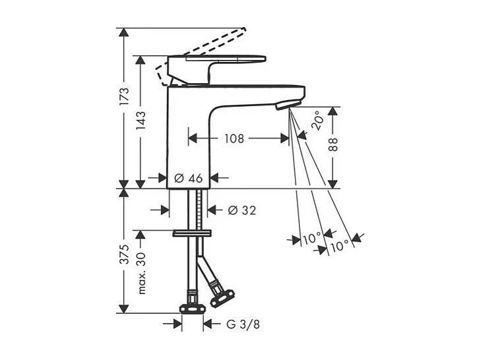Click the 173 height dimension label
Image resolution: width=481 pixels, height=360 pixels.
(x=124, y=97)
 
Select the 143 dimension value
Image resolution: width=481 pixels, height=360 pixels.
(x=141, y=120)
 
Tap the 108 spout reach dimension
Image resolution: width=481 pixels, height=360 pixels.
(x=234, y=138)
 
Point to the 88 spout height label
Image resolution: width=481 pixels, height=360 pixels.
(x=333, y=144)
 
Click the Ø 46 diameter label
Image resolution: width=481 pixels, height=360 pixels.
(x=188, y=178)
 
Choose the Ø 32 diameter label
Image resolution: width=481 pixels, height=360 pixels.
(x=242, y=210)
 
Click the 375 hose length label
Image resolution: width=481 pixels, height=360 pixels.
(x=124, y=255)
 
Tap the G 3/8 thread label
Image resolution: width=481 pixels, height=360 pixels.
(x=243, y=324)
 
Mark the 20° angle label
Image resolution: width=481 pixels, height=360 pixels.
(x=317, y=121)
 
